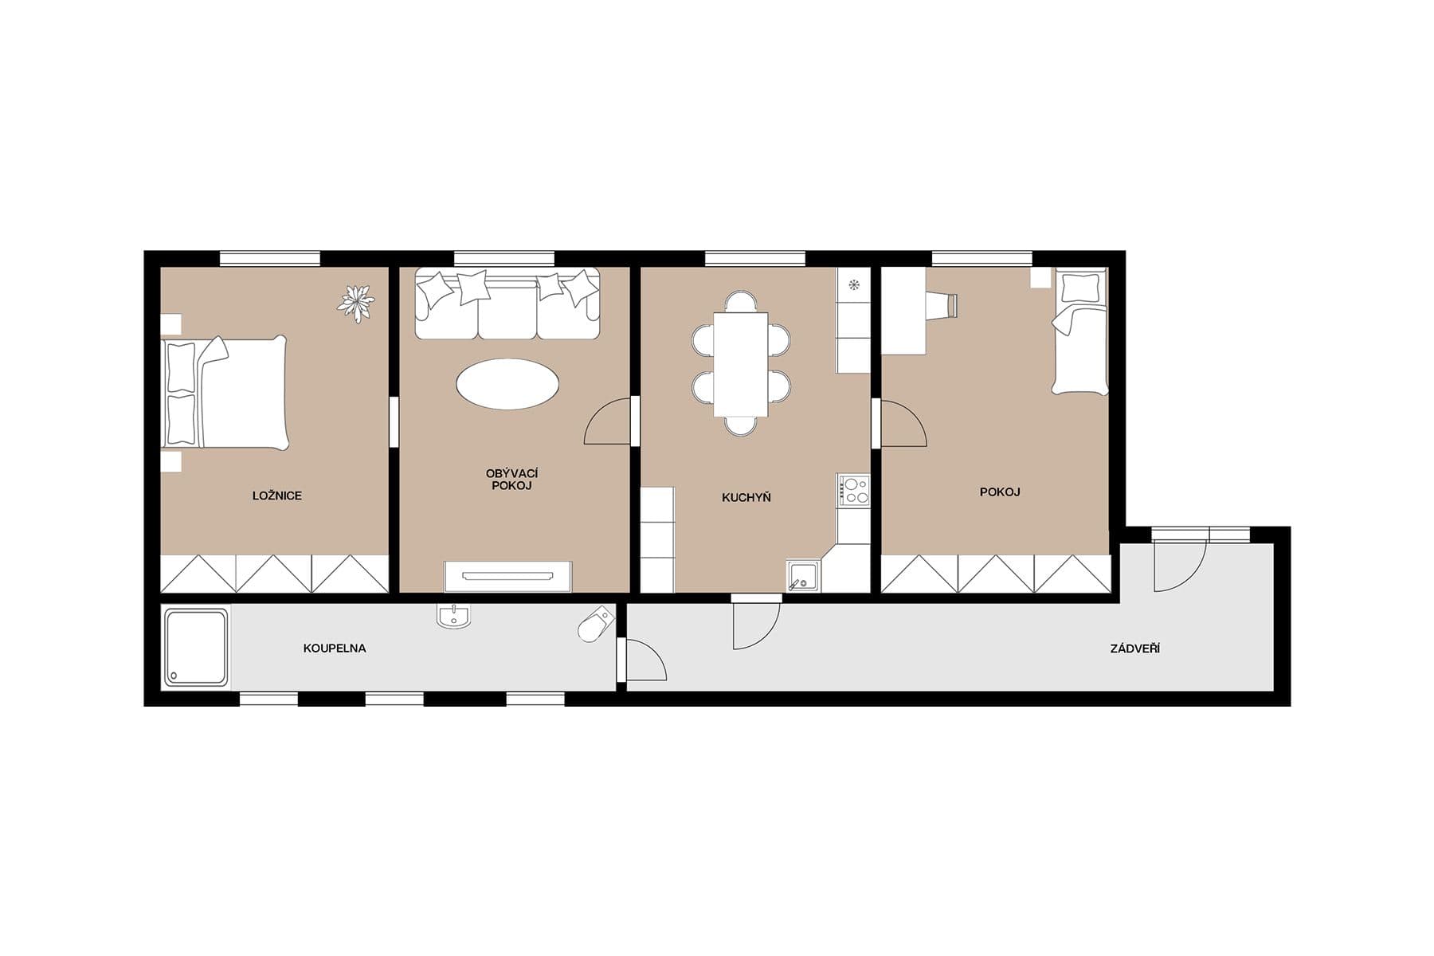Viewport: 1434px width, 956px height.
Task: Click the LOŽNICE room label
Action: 276,496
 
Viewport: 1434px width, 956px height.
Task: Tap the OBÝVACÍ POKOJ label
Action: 511,480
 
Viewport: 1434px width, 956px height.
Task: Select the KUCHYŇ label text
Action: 746,498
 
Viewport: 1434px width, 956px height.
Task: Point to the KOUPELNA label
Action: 335,648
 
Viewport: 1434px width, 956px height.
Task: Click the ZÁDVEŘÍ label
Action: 1134,649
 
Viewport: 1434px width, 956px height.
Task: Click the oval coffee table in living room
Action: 507,384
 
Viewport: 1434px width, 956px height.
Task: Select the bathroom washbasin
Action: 454,616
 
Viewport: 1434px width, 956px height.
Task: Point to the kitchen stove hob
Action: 853,489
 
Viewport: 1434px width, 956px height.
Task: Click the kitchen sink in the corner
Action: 803,576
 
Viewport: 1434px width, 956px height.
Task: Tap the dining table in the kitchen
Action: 741,364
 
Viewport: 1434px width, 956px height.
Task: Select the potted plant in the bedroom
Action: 355,303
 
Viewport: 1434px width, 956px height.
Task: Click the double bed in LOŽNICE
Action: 225,393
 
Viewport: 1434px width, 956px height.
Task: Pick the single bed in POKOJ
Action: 1080,333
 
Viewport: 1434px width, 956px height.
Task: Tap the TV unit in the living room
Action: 507,576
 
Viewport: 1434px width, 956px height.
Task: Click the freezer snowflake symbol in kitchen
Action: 853,284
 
